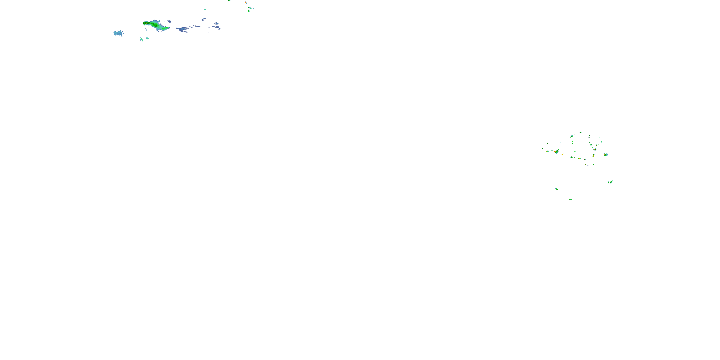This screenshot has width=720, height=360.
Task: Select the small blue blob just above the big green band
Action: [x=169, y=21]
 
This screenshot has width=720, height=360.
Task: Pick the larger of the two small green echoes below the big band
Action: [x=141, y=39]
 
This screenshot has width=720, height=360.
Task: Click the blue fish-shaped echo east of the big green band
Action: [x=182, y=29]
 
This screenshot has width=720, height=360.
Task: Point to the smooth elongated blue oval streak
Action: [x=197, y=26]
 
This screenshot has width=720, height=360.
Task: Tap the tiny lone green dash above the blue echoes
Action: [x=205, y=10]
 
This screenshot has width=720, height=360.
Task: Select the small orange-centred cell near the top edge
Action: [x=246, y=2]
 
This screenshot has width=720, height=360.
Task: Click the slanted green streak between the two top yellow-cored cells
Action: [x=250, y=8]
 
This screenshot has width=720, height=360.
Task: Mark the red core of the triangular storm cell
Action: [x=556, y=152]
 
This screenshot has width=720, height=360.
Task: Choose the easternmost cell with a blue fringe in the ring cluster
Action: [x=606, y=154]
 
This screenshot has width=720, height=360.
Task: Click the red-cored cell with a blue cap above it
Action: [x=595, y=149]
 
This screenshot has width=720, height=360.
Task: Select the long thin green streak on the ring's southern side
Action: [x=579, y=158]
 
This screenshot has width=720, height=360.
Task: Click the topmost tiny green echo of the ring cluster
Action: [x=580, y=132]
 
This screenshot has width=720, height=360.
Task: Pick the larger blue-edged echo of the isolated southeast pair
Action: [x=611, y=182]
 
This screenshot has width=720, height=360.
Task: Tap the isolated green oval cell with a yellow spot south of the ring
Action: [x=557, y=189]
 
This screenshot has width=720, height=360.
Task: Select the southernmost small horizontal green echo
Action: [x=570, y=200]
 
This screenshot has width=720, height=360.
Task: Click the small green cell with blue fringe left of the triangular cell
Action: [x=547, y=151]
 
